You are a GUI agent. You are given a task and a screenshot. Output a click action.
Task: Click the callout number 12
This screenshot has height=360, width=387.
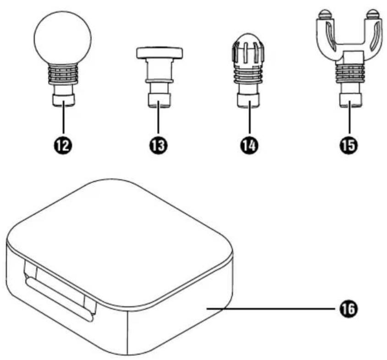(x=63, y=146)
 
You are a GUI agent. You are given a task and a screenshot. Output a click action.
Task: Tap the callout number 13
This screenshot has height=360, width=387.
(x=158, y=145)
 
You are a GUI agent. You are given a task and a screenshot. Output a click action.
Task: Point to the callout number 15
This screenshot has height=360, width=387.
(x=349, y=145)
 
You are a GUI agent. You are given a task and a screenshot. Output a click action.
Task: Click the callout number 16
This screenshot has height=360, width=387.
(x=349, y=309)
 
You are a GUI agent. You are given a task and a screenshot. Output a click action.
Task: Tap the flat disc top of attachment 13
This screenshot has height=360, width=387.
(x=159, y=53)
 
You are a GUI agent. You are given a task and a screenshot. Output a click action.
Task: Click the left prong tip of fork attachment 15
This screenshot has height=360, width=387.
(x=324, y=14)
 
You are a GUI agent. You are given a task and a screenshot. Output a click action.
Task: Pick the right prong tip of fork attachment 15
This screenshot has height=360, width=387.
(x=372, y=14)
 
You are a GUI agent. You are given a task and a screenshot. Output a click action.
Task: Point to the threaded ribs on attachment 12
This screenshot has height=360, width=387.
(x=62, y=74)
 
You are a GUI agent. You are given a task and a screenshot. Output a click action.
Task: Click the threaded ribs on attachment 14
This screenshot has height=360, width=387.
(x=248, y=74)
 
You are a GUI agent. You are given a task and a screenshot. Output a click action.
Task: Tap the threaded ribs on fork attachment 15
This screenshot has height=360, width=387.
(x=350, y=74)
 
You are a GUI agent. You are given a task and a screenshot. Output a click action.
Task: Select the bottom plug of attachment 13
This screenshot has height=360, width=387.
(x=159, y=100)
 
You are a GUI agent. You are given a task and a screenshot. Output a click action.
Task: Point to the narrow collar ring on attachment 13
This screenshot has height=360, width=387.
(x=159, y=81)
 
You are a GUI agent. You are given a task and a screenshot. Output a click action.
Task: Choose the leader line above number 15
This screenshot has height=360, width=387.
(x=349, y=119)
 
